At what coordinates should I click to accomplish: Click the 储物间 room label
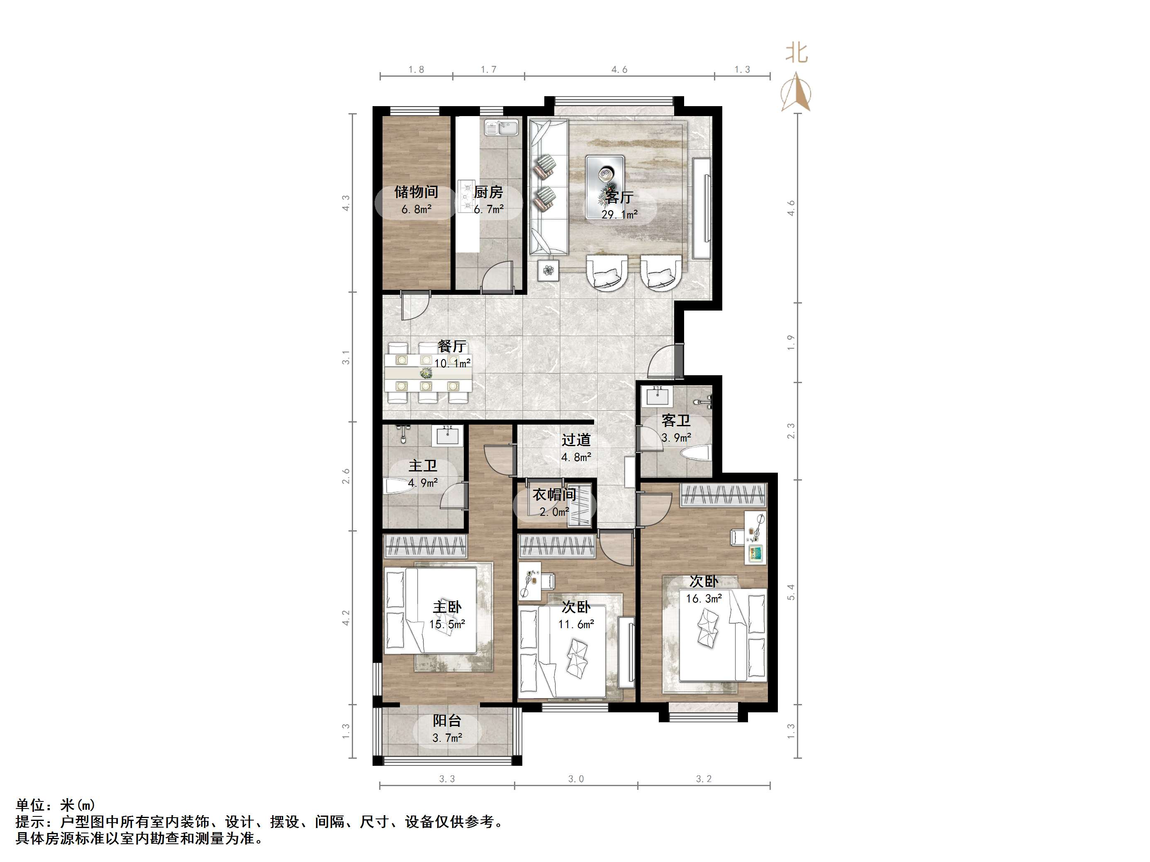416,192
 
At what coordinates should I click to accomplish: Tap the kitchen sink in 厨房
501,127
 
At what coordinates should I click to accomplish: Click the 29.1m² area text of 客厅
619,214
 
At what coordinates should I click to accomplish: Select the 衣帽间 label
554,494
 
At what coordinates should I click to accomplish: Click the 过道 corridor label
575,440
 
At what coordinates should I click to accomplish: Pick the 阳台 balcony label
447,721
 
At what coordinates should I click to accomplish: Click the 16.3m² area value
704,599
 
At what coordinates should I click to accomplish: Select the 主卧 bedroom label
447,607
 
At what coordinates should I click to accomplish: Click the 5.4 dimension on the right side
791,592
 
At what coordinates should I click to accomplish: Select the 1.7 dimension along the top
488,69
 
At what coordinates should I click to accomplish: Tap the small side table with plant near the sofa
548,270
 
